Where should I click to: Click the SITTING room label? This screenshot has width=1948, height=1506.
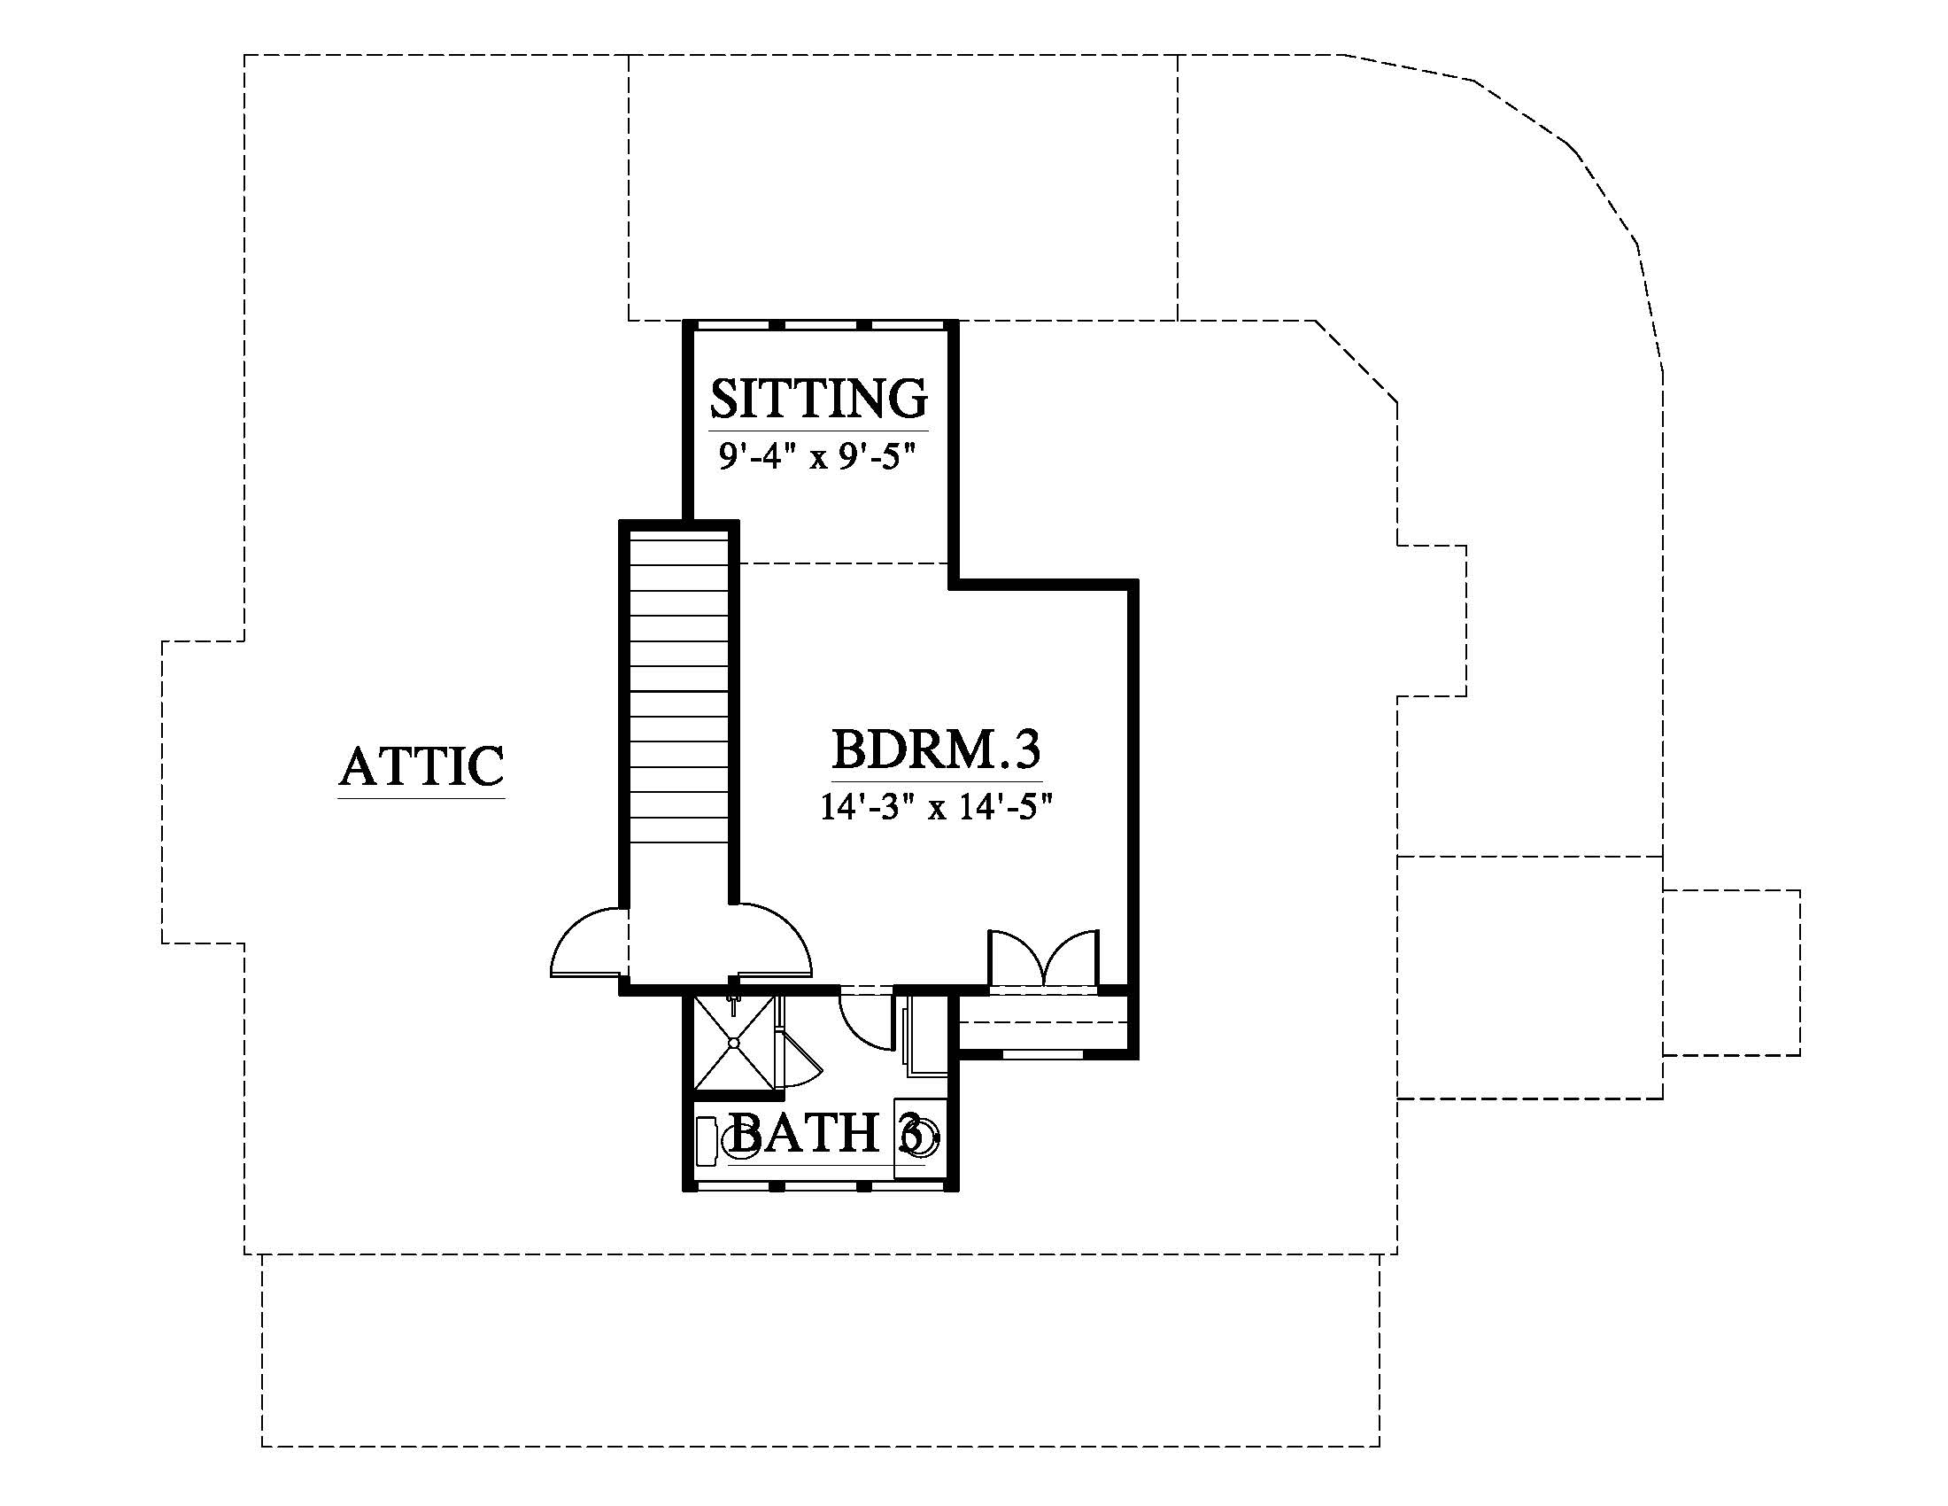point(818,399)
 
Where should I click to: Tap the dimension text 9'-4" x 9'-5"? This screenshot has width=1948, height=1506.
point(818,459)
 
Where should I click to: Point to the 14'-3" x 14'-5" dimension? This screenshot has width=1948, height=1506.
point(936,807)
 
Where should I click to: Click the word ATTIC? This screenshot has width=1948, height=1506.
point(421,766)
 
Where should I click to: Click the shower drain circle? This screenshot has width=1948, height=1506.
point(734,1041)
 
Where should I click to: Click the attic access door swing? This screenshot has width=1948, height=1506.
point(584,944)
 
